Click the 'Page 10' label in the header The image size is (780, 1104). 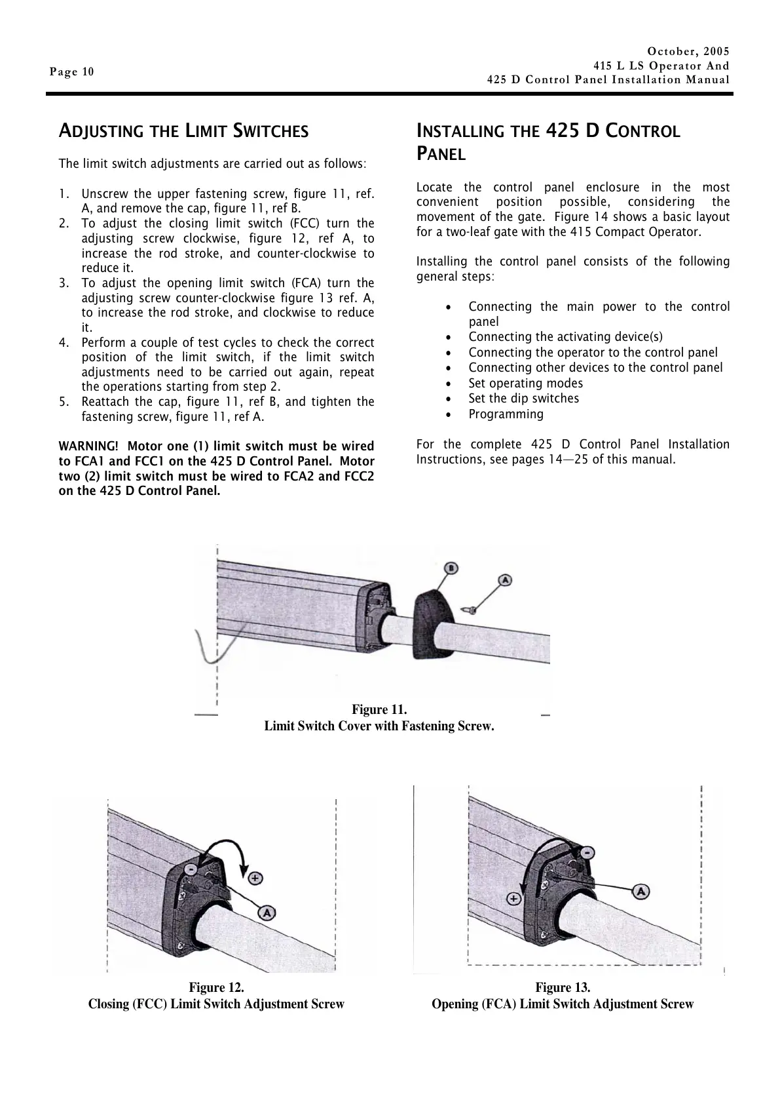72,72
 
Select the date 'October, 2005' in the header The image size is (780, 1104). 688,51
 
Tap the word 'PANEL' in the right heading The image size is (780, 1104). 441,155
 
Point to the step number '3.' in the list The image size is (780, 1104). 64,283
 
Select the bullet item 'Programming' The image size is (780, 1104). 506,414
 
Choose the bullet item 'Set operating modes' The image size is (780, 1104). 525,384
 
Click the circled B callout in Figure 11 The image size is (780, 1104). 451,568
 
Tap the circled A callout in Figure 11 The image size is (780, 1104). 505,580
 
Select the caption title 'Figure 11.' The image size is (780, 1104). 379,710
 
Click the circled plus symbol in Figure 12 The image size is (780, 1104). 255,877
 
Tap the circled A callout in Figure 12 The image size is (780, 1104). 267,912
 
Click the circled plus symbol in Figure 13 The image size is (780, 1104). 515,899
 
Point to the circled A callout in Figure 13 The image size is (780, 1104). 641,891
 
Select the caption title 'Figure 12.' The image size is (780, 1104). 216,987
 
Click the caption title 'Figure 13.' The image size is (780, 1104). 563,987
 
